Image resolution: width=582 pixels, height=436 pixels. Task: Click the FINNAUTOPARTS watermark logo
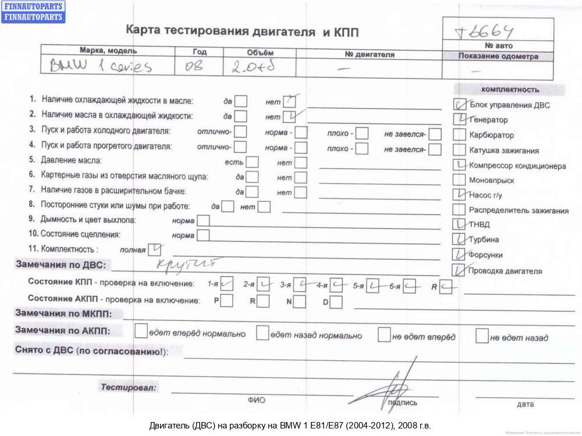(x=33, y=12)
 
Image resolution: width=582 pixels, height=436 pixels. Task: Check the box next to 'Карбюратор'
(x=459, y=135)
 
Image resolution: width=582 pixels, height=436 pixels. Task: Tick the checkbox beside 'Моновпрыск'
(x=459, y=180)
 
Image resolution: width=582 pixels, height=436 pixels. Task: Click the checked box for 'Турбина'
(x=459, y=240)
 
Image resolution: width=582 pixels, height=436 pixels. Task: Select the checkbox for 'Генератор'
(x=459, y=120)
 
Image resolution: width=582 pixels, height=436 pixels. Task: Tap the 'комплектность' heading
(x=510, y=90)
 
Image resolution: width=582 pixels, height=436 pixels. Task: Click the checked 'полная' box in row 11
(x=155, y=249)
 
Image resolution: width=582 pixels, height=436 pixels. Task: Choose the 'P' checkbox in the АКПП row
(x=226, y=301)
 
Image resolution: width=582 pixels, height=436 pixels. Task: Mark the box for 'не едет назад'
(x=482, y=335)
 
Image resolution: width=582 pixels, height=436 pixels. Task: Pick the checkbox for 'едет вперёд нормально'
(x=140, y=331)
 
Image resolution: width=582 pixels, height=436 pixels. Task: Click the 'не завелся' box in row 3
(x=435, y=134)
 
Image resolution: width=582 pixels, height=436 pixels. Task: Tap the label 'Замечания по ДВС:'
(x=61, y=265)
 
